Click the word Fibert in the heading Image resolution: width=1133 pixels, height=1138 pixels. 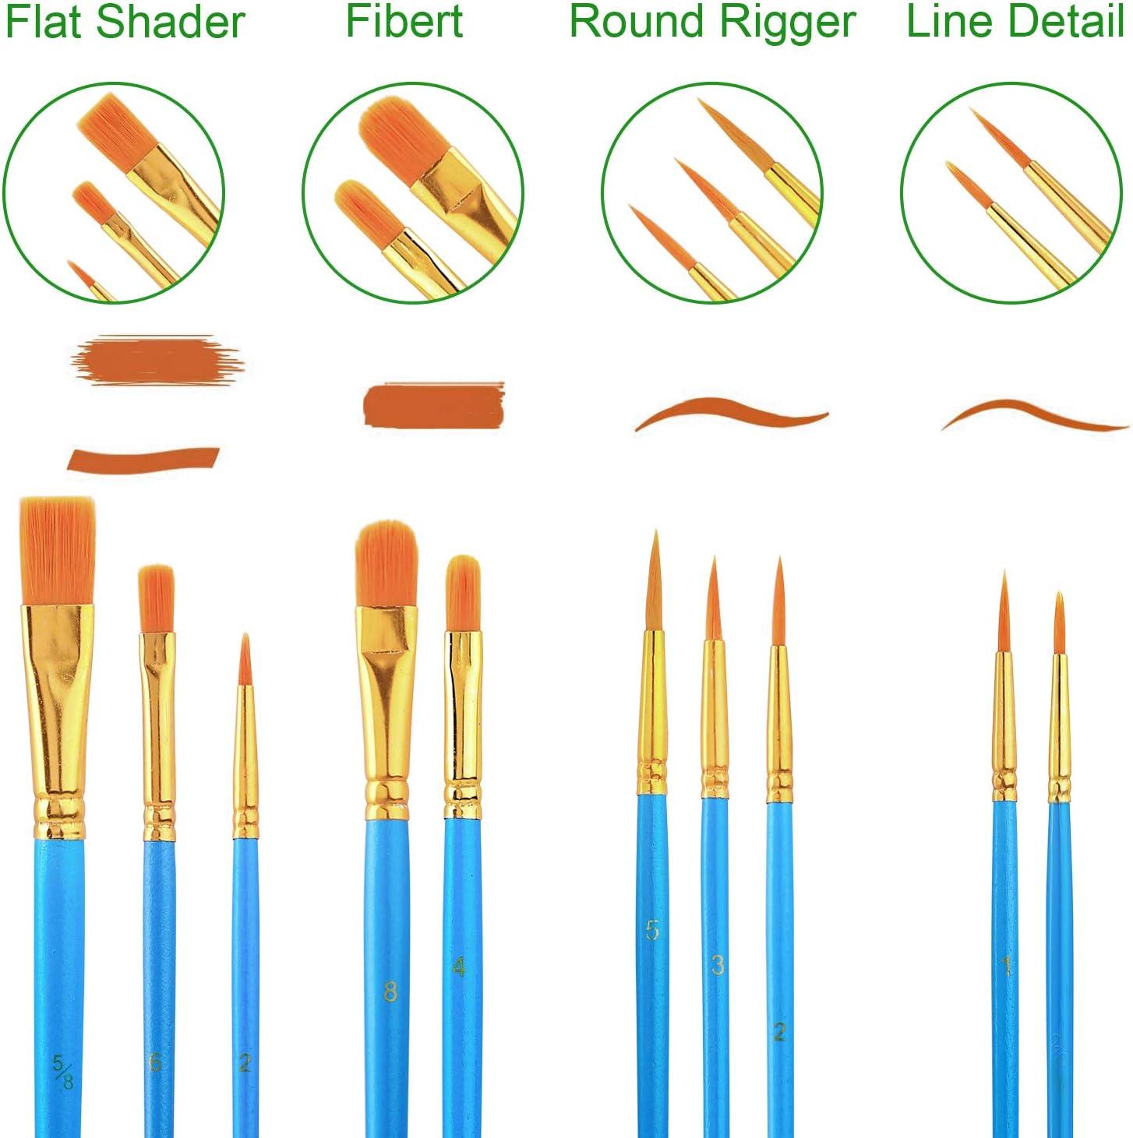pyautogui.click(x=404, y=22)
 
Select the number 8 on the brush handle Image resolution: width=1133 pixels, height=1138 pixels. pyautogui.click(x=390, y=992)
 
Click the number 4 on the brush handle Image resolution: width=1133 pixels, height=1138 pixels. pyautogui.click(x=460, y=967)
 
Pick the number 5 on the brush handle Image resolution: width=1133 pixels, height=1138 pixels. pyautogui.click(x=652, y=929)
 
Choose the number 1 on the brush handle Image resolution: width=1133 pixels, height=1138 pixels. pyautogui.click(x=1006, y=967)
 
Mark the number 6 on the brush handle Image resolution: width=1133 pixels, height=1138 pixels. pyautogui.click(x=155, y=1062)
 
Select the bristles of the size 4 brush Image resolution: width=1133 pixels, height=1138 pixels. pyautogui.click(x=462, y=592)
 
